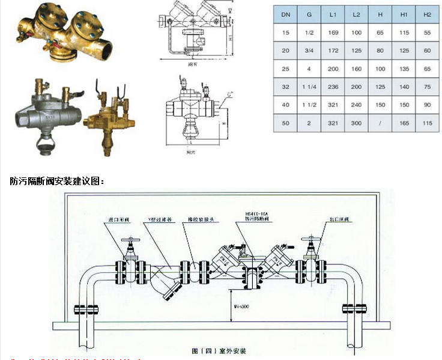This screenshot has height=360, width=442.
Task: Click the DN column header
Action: point(286,13)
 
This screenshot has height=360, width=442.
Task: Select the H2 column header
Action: point(427,13)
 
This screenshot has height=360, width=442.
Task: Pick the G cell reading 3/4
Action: point(310,50)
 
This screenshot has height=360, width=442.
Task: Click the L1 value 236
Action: point(333,87)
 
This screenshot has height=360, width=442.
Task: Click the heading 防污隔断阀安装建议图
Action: point(57,180)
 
